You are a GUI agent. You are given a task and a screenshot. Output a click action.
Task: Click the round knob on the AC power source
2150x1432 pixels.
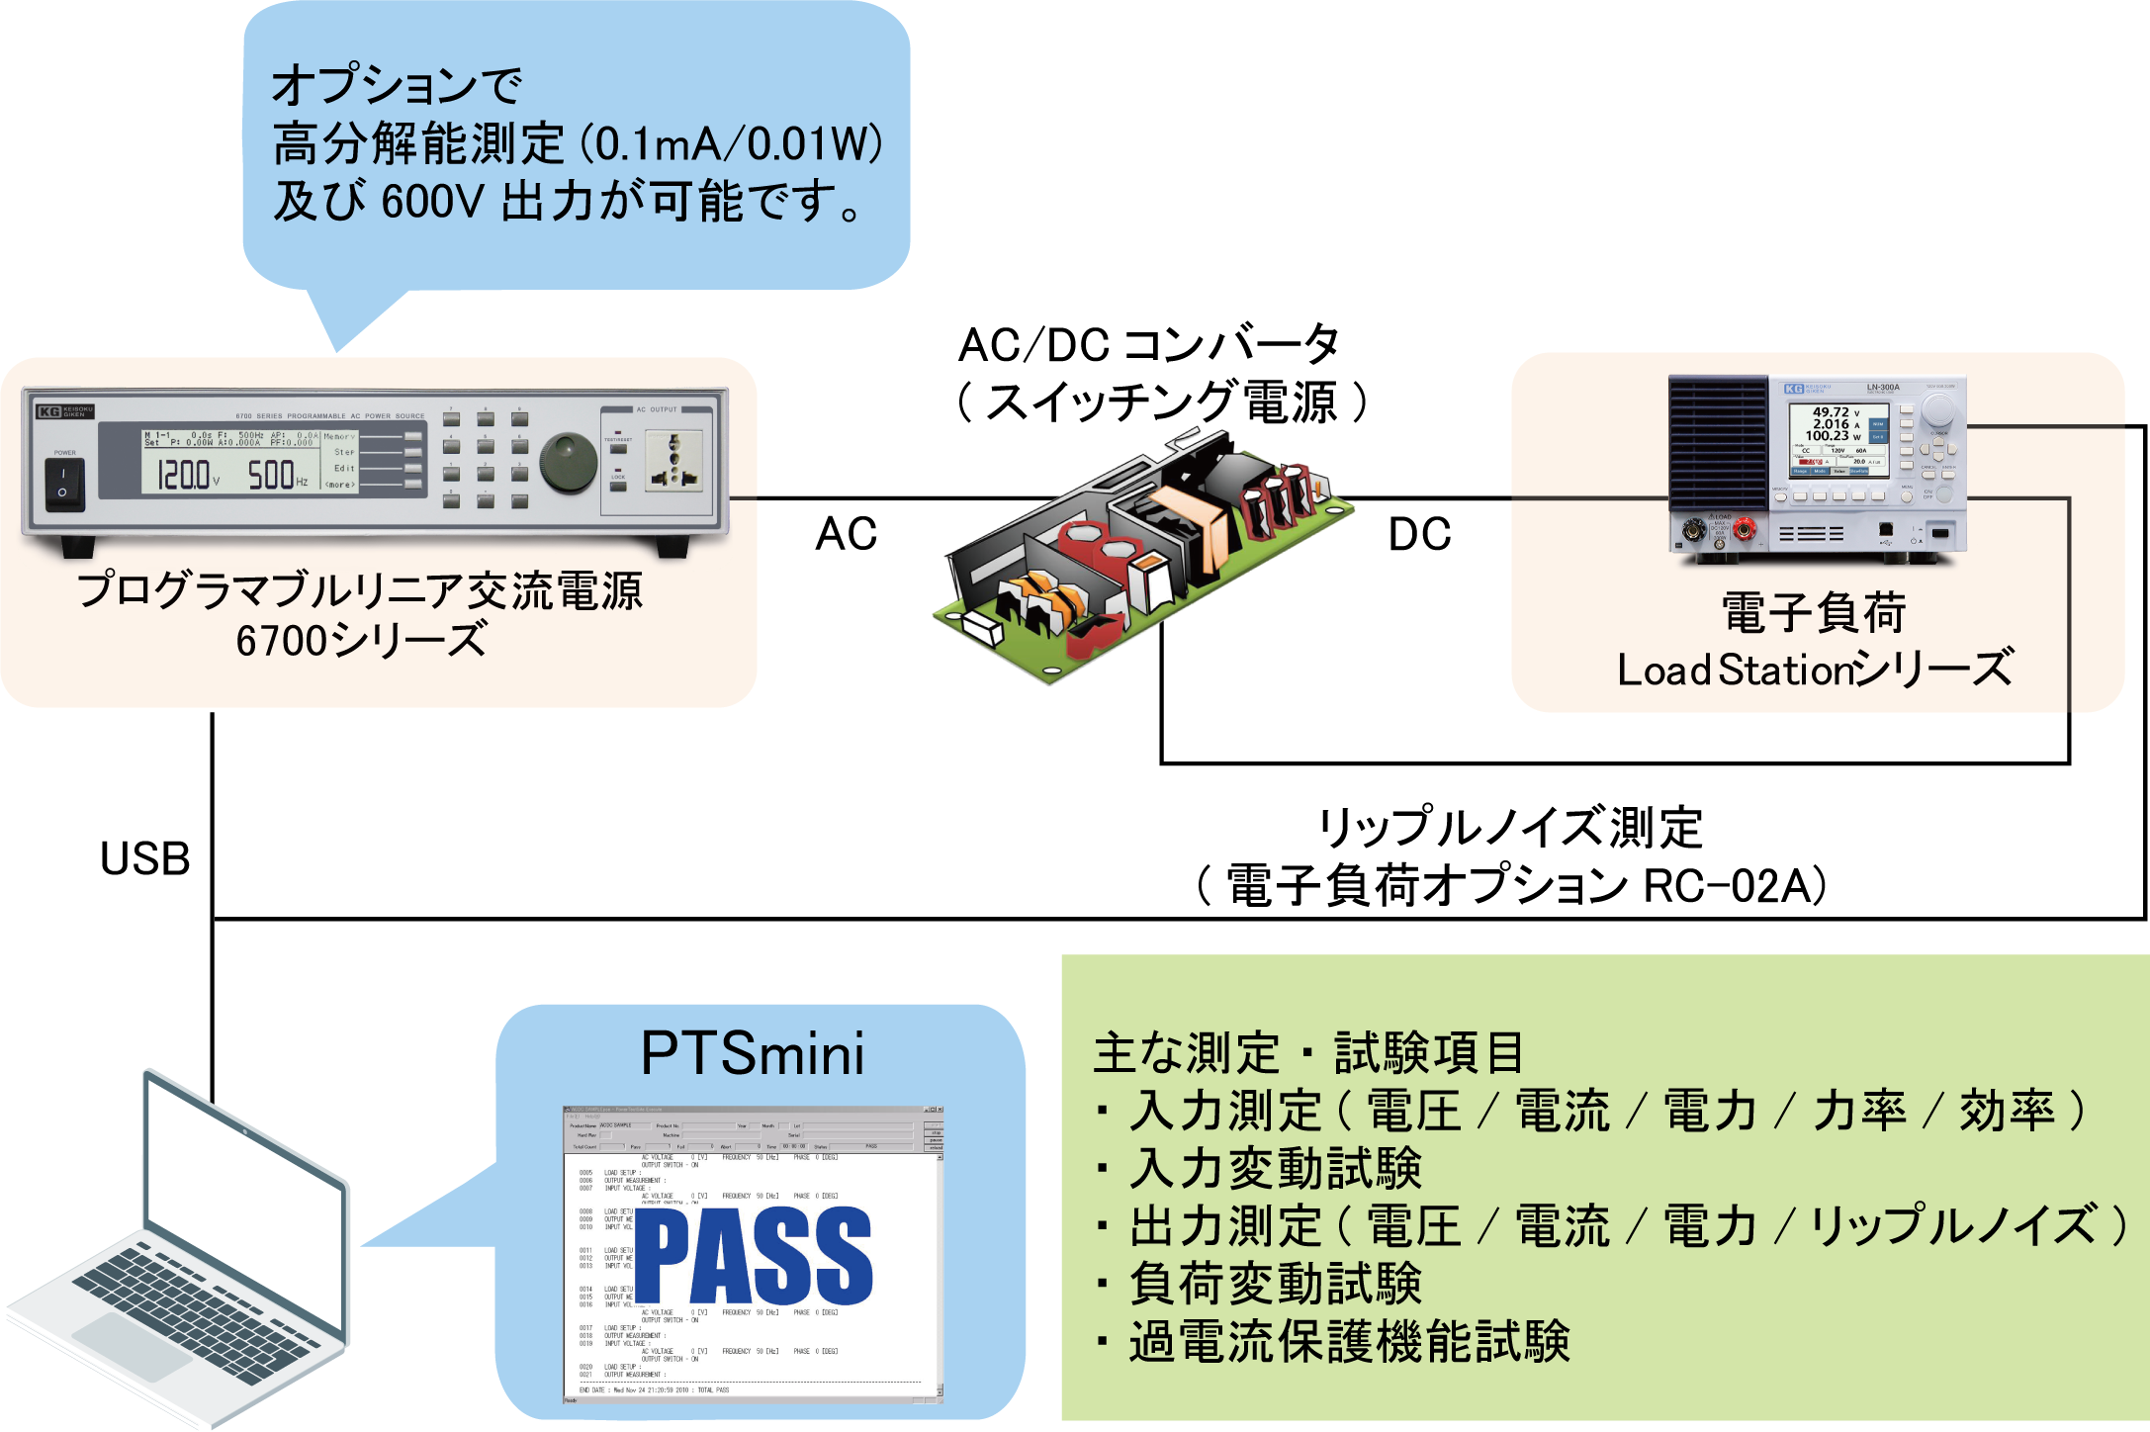tap(568, 462)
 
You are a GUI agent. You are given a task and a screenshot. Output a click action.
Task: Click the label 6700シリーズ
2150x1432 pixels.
tap(361, 640)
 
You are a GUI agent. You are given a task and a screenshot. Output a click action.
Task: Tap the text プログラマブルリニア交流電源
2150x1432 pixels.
tap(361, 591)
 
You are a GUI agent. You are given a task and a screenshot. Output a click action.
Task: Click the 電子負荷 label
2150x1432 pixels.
tap(1814, 613)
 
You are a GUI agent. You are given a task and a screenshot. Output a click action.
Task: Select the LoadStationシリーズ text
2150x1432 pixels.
tap(1814, 670)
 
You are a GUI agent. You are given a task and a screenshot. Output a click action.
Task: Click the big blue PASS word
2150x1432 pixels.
tap(754, 1256)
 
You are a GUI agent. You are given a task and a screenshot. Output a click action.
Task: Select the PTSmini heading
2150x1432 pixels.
tap(753, 1054)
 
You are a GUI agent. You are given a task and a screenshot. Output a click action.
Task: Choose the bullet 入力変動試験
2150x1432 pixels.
tap(1276, 1169)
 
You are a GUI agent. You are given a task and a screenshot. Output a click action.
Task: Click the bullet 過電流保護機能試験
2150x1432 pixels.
tap(1350, 1342)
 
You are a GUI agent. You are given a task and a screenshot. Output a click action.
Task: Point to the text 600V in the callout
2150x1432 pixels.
tap(432, 203)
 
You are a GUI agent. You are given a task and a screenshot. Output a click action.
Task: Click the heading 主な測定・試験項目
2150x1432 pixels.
tap(1307, 1053)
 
